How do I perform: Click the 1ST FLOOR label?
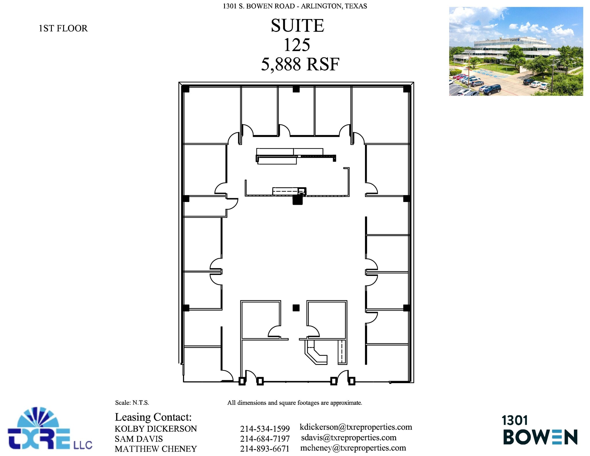63,28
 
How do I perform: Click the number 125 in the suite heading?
297,45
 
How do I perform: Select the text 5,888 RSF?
300,64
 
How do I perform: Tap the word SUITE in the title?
297,25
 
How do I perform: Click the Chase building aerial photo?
516,51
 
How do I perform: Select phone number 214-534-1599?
265,429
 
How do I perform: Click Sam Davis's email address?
349,438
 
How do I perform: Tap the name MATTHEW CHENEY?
156,449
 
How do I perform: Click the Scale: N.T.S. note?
132,403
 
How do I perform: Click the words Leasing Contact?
153,417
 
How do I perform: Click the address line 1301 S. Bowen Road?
295,6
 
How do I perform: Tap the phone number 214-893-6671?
264,449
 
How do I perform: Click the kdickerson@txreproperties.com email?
356,427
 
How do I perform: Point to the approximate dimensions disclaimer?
294,403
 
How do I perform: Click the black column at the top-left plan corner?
185,89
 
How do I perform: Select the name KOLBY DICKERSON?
156,429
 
